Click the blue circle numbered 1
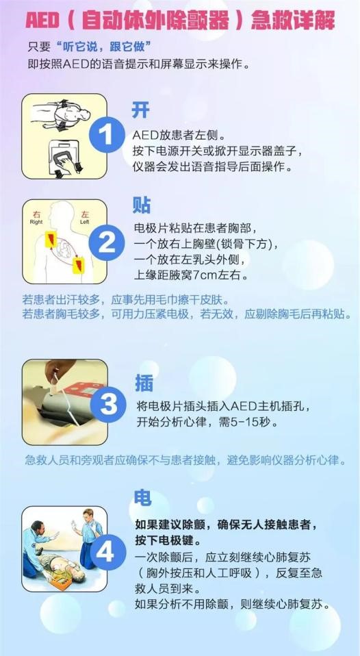coord(107,135)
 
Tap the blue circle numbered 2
coord(107,242)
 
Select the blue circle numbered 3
coord(108,404)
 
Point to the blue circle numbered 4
coord(106,552)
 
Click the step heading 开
coord(140,110)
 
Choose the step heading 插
coord(144,382)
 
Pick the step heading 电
coord(143,498)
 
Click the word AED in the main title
coord(42,21)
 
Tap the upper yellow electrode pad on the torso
coord(51,238)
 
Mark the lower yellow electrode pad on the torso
coord(78,265)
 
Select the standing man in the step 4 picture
coord(88,538)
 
